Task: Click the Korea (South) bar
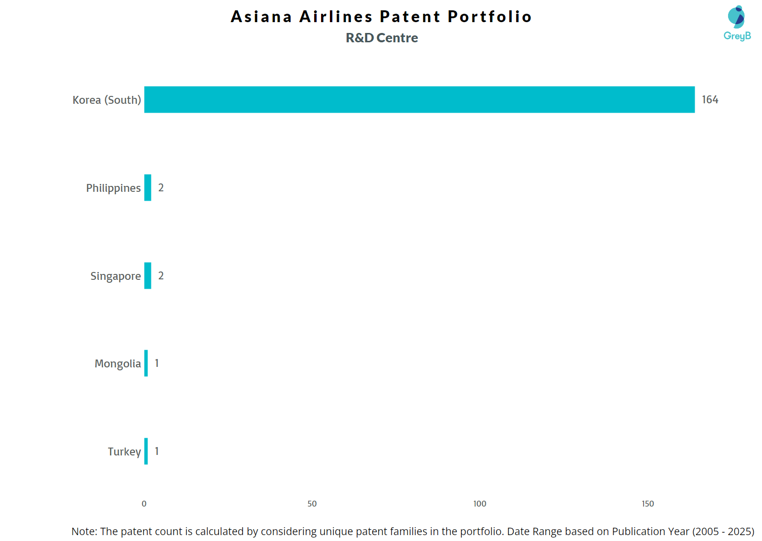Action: pos(419,100)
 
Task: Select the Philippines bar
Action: pos(147,188)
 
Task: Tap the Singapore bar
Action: pos(147,275)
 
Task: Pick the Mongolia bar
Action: pos(146,363)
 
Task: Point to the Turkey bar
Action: pos(146,451)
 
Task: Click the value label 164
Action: pos(710,100)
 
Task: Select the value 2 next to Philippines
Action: pos(161,188)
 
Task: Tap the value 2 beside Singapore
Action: pos(161,275)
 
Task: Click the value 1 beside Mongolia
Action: pos(157,363)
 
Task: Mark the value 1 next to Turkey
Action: pos(157,451)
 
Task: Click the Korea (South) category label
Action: pos(107,100)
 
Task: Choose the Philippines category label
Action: pos(113,188)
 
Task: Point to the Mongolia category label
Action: pos(117,364)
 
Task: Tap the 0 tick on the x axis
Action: pos(144,504)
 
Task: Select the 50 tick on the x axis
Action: pos(312,504)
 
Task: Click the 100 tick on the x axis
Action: pos(480,504)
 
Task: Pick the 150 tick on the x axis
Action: pos(648,504)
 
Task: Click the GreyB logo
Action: pos(737,23)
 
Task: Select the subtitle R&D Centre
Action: pos(381,38)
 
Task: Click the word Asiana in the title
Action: pos(261,16)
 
